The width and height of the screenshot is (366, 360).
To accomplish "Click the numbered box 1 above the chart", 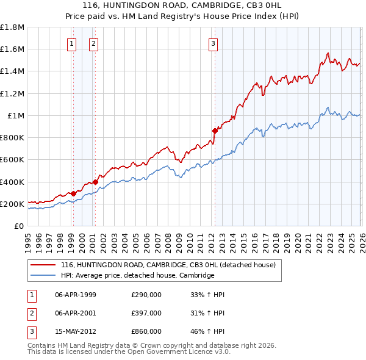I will tap(73, 43).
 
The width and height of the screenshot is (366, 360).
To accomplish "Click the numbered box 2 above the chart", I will tap(93, 43).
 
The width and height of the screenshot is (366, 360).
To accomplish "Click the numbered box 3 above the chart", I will tap(213, 43).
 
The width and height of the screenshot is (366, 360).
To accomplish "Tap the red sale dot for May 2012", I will tap(215, 130).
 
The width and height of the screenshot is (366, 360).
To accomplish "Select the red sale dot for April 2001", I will tap(96, 181).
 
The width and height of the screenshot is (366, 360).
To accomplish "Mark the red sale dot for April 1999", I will tap(74, 193).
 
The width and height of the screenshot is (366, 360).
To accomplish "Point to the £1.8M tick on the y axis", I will tap(13, 27).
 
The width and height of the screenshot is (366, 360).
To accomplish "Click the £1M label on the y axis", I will tap(15, 115).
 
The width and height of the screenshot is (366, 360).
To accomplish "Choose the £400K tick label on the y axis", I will tap(13, 182).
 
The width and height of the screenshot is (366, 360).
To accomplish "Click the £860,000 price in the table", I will tap(146, 331).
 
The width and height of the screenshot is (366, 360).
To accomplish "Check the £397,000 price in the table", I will tap(146, 313).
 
